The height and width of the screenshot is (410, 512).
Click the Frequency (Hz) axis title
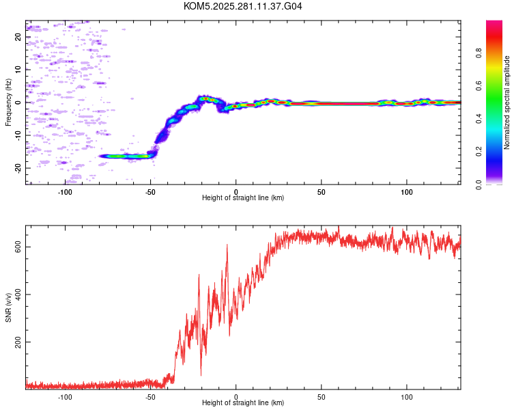pyautogui.click(x=8, y=102)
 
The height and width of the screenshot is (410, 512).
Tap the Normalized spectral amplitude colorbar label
pyautogui.click(x=507, y=102)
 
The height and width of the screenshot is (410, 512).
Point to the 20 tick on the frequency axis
pyautogui.click(x=18, y=37)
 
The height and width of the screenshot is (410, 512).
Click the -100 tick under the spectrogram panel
pyautogui.click(x=65, y=192)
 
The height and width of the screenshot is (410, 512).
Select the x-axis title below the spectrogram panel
pyautogui.click(x=243, y=198)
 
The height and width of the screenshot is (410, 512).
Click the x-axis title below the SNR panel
pyautogui.click(x=243, y=403)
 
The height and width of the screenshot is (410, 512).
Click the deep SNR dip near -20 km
pyautogui.click(x=201, y=374)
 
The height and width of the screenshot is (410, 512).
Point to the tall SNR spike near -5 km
pyautogui.click(x=227, y=245)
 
